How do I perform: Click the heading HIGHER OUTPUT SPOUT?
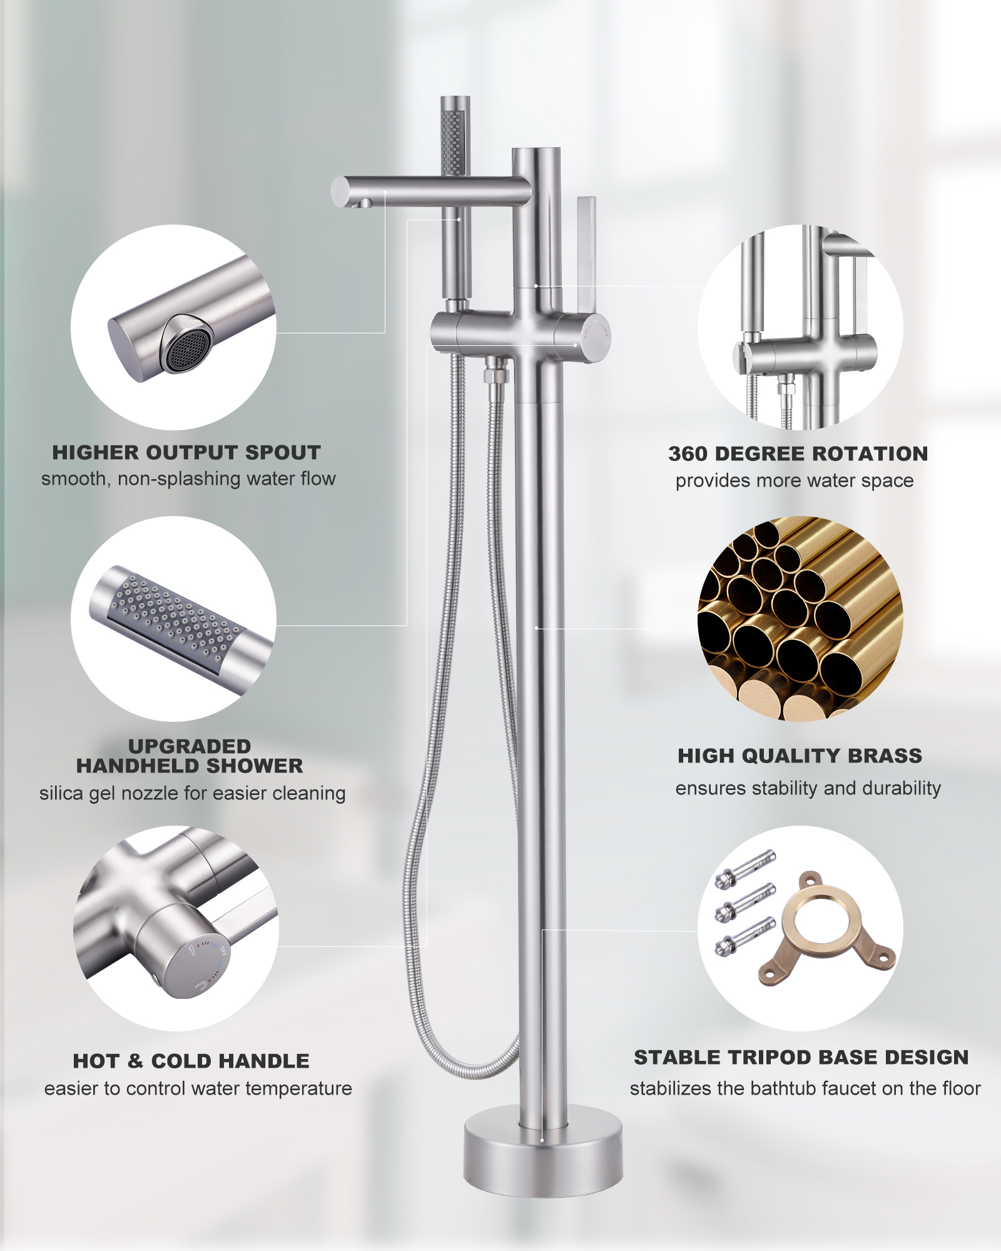point(186,452)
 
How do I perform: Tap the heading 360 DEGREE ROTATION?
point(798,453)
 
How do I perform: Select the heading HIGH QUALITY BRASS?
point(800,756)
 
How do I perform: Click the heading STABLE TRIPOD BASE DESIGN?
point(801,1057)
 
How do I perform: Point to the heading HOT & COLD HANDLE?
point(191,1061)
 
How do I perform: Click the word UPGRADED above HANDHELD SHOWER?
point(190,746)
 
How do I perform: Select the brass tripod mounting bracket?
point(827,928)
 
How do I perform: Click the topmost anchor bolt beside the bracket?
point(745,869)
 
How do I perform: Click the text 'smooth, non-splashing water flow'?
point(188,479)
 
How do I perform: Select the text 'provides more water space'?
point(795,480)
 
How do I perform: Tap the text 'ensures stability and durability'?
point(808,788)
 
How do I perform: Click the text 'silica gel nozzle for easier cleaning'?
point(192,793)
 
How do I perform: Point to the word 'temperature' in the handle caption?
point(299,1089)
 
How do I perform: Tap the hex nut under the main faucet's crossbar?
point(496,375)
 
